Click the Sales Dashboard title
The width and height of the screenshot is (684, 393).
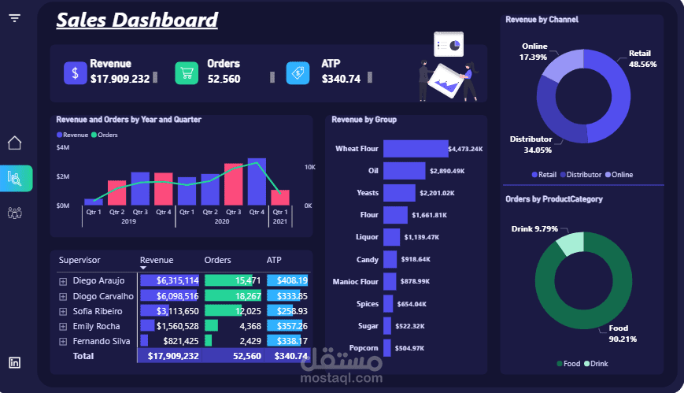(137, 20)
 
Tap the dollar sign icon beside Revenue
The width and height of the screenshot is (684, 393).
(75, 73)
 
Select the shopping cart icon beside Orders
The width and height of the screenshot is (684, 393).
(187, 73)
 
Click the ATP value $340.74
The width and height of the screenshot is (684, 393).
(341, 79)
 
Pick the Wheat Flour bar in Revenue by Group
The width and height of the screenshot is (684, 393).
(415, 148)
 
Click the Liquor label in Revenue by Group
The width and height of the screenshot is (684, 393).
(368, 236)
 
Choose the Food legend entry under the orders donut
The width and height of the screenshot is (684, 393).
(569, 364)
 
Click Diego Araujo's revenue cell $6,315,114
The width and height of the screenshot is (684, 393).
(169, 280)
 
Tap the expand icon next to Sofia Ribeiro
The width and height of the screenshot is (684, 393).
(63, 311)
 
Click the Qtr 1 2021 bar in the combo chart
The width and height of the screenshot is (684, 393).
(280, 197)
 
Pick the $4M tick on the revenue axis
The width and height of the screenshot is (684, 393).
(63, 148)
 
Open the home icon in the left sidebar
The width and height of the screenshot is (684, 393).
(15, 143)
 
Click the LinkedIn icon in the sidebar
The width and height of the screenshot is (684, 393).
(15, 362)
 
